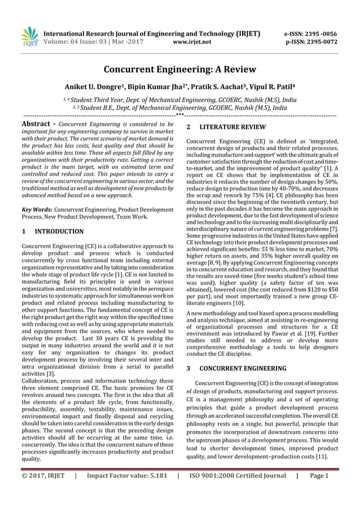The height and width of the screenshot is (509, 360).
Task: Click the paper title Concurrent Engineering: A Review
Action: coord(179,69)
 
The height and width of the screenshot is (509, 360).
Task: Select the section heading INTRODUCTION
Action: coord(59,231)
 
